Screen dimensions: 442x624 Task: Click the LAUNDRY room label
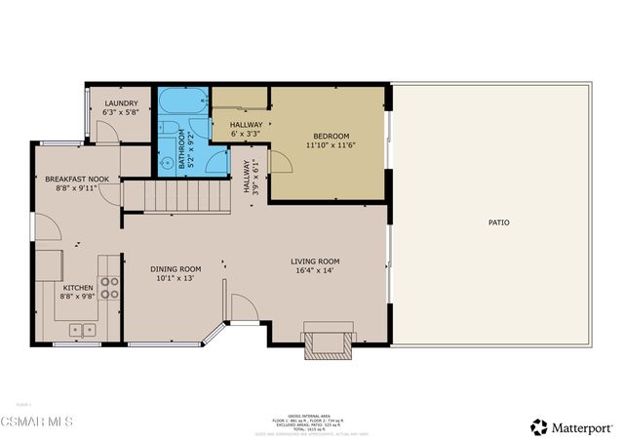[121, 102]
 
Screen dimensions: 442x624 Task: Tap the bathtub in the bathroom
[182, 101]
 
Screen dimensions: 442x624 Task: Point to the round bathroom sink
[168, 162]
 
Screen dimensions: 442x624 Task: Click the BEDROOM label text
[331, 136]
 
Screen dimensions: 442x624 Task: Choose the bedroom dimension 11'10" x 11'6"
[331, 144]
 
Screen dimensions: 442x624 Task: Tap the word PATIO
[498, 222]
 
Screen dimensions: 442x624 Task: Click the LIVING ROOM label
[315, 261]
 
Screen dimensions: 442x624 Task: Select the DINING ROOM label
[175, 269]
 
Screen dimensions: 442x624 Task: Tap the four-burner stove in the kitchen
[110, 287]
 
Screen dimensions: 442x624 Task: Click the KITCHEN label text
[78, 289]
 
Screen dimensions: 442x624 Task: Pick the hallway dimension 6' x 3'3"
[245, 134]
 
